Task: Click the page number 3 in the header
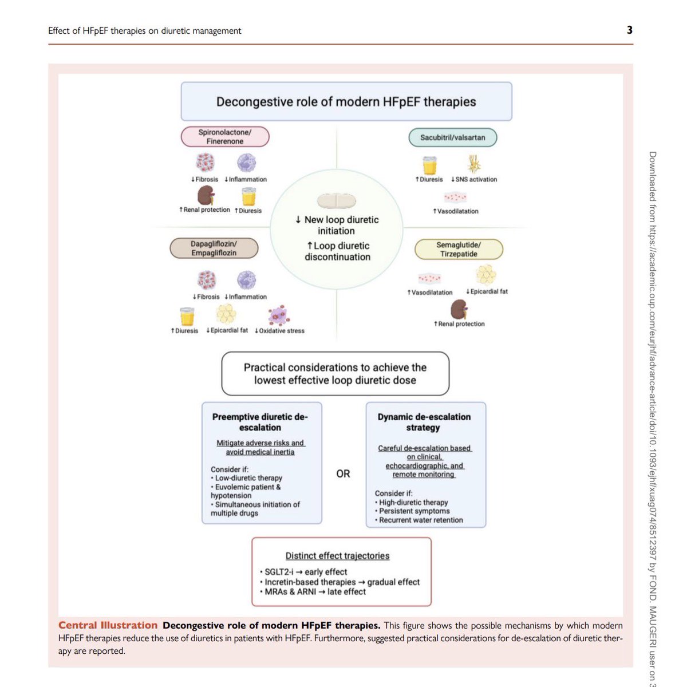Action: pyautogui.click(x=629, y=30)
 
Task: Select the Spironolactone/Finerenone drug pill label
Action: pyautogui.click(x=225, y=137)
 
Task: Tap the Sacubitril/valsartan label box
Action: pyautogui.click(x=452, y=137)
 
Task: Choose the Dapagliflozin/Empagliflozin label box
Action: pyautogui.click(x=214, y=248)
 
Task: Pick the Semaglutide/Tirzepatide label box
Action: pyautogui.click(x=459, y=249)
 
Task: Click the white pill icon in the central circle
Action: pyautogui.click(x=337, y=201)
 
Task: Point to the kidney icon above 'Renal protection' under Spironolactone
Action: pyautogui.click(x=206, y=196)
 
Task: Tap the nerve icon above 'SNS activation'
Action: pyautogui.click(x=474, y=164)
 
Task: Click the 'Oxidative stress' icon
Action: pyautogui.click(x=279, y=315)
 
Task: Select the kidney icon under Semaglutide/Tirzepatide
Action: pyautogui.click(x=459, y=309)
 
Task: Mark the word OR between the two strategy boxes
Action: pyautogui.click(x=343, y=473)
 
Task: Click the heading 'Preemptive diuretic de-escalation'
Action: pyautogui.click(x=260, y=422)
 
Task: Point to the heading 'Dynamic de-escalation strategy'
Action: pyautogui.click(x=424, y=422)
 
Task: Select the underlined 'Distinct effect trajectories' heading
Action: pyautogui.click(x=337, y=555)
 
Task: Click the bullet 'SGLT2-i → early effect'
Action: pyautogui.click(x=306, y=571)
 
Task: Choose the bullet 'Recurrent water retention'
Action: pyautogui.click(x=421, y=520)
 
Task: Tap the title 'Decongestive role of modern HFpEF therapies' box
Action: pyautogui.click(x=346, y=101)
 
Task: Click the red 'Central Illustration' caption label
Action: pyautogui.click(x=108, y=625)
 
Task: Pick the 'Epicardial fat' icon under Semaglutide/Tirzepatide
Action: pyautogui.click(x=486, y=275)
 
